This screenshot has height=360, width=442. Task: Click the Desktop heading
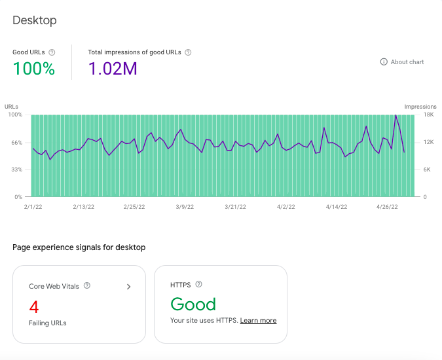click(x=35, y=20)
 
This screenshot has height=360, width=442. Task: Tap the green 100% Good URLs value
click(x=34, y=69)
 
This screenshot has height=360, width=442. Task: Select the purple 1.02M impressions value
click(x=113, y=69)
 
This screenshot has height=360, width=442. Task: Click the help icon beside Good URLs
click(x=52, y=52)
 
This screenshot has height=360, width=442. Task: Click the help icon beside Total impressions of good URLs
click(x=188, y=52)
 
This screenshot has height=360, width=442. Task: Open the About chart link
click(x=402, y=62)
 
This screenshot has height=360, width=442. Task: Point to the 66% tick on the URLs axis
click(x=16, y=143)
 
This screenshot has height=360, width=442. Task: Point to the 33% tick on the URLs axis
click(x=16, y=170)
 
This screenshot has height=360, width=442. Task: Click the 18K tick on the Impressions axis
click(x=428, y=115)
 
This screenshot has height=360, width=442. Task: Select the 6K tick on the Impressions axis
click(x=427, y=170)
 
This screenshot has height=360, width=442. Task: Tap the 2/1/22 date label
click(x=33, y=207)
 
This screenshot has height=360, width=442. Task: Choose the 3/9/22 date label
click(x=185, y=207)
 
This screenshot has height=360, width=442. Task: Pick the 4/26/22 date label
click(x=387, y=207)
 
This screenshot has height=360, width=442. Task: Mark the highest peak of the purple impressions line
click(x=396, y=115)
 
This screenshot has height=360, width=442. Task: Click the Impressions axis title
click(x=420, y=107)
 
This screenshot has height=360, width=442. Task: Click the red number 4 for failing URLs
click(x=34, y=307)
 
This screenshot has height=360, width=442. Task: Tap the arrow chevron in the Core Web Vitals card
click(x=128, y=287)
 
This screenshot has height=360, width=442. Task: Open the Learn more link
click(x=258, y=321)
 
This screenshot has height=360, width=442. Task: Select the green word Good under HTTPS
click(x=193, y=304)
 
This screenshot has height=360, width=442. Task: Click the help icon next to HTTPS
click(x=198, y=284)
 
